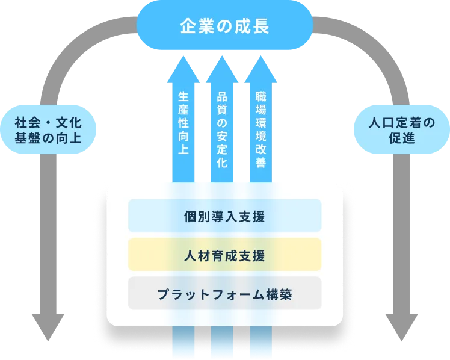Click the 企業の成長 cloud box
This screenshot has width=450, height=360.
[x=224, y=26]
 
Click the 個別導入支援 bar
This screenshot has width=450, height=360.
[x=224, y=216]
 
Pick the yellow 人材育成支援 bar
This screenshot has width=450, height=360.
[x=224, y=255]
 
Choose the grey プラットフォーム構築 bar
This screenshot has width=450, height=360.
[x=224, y=294]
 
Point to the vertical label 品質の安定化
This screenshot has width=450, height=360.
[x=222, y=129]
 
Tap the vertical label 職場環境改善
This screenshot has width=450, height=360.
[x=260, y=129]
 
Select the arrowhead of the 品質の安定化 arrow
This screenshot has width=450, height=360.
[x=222, y=66]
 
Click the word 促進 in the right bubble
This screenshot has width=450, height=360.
[x=401, y=139]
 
